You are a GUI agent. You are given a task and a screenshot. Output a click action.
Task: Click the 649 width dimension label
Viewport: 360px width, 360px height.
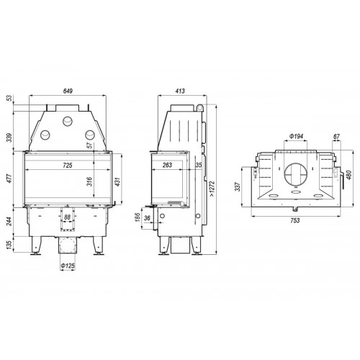coord(68,91)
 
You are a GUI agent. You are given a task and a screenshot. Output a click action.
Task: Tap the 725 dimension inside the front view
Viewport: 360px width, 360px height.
coord(68,165)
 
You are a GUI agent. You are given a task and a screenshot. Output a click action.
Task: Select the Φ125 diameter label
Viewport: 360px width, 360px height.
coord(68,266)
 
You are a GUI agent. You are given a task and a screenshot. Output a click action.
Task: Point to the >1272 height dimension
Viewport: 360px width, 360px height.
coord(212,189)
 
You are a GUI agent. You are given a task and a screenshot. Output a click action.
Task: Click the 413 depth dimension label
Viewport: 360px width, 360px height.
coord(180,91)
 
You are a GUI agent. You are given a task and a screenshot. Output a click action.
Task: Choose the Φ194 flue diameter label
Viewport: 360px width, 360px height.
coord(296,137)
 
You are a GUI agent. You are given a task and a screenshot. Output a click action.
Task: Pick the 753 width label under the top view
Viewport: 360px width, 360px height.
coord(295,220)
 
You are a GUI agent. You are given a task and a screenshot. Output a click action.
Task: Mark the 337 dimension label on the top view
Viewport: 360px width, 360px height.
coord(238,186)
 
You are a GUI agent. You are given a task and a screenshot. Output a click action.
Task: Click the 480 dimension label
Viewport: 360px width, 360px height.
coord(348,175)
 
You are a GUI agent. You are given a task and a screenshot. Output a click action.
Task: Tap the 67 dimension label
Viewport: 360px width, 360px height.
coord(337,137)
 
